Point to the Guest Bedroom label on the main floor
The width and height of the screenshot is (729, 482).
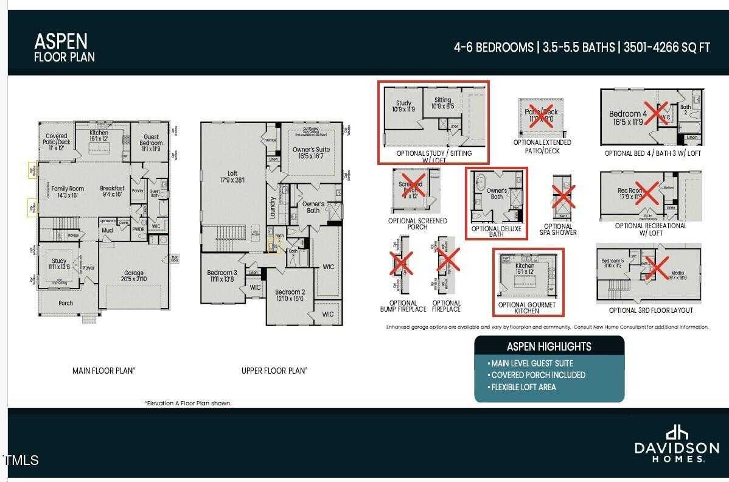[151, 140]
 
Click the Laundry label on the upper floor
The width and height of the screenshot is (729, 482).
[273, 207]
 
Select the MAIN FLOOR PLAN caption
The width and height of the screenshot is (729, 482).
[104, 370]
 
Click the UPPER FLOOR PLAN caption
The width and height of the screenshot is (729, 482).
[274, 370]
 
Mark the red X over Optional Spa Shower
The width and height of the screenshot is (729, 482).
[563, 197]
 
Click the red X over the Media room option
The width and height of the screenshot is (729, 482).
[658, 268]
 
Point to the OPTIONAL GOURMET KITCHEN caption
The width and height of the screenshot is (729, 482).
[527, 308]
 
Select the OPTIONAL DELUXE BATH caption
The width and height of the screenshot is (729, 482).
[497, 232]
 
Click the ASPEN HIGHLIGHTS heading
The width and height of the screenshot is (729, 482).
[549, 346]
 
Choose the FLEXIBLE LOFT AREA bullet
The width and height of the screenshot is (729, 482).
[523, 387]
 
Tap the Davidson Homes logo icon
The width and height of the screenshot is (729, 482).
[676, 433]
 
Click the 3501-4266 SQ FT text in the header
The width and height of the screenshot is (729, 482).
[665, 47]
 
